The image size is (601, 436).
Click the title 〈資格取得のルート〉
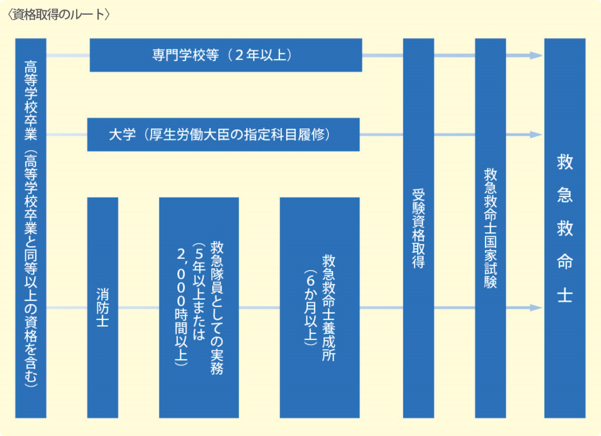(59, 15)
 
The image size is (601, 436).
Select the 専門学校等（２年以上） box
(226, 55)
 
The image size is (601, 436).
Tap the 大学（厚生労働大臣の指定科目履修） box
(223, 135)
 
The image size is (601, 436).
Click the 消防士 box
(103, 308)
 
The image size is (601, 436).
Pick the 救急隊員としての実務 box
(199, 308)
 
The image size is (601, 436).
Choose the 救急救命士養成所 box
(320, 308)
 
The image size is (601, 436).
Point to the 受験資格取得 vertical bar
(418, 228)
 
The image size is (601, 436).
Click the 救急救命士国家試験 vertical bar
(490, 228)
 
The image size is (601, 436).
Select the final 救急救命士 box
(565, 228)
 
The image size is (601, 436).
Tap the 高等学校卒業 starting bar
(31, 228)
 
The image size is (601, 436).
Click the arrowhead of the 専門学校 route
(536, 56)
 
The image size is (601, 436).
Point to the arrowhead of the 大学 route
(536, 135)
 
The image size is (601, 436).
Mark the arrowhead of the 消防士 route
(536, 308)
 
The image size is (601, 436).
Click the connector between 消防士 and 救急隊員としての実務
(139, 308)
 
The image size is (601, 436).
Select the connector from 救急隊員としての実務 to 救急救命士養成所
(259, 308)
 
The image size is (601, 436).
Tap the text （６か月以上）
(311, 308)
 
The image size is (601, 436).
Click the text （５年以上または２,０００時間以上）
(190, 304)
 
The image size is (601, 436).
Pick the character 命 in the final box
(565, 262)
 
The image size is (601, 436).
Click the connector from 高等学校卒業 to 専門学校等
(68, 56)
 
